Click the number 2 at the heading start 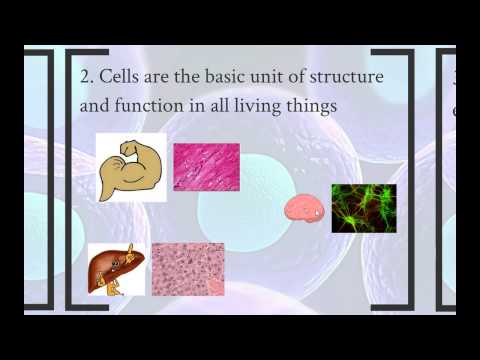pyautogui.click(x=85, y=77)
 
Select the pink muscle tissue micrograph pyautogui.click(x=206, y=166)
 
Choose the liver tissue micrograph pyautogui.click(x=187, y=268)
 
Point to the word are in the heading pyautogui.click(x=167, y=77)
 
